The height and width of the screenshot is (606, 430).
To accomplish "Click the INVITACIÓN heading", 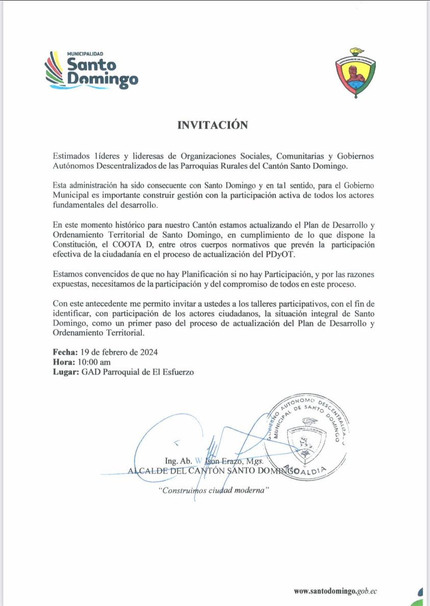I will (x=213, y=125).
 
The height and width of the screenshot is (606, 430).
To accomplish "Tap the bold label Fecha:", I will (x=65, y=352).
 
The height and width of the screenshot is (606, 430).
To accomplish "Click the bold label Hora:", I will (x=63, y=362).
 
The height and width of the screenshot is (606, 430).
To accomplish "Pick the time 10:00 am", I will (x=93, y=362).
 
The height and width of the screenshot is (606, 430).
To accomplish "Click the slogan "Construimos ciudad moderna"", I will (x=213, y=490).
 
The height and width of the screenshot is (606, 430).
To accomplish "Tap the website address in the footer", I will (x=335, y=591).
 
